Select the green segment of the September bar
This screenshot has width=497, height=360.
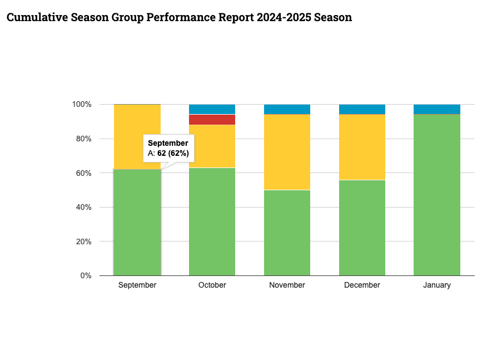(137, 223)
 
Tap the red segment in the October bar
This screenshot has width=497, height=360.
(212, 119)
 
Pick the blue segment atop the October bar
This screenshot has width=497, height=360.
(212, 109)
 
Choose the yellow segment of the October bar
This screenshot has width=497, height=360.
(212, 146)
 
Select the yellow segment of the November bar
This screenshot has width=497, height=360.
(287, 152)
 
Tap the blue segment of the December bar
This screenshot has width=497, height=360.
(362, 109)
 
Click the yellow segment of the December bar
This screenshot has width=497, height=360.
(362, 147)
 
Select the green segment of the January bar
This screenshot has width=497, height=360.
(437, 195)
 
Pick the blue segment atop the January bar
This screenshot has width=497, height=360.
(437, 109)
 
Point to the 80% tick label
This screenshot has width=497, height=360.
(82, 139)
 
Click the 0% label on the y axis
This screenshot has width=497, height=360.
(85, 275)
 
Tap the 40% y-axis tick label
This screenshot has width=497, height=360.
(82, 207)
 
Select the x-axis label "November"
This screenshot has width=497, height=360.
(287, 285)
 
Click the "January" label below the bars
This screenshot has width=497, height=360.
(437, 285)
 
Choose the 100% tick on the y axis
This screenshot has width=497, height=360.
(81, 104)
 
